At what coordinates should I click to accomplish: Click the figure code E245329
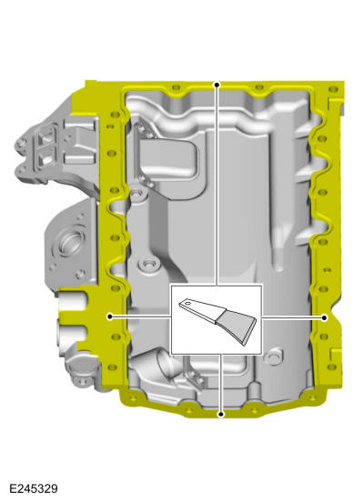point(30,489)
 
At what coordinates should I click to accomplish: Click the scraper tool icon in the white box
point(217,318)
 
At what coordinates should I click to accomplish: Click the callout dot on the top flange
point(217,84)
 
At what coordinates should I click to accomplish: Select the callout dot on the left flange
point(109,316)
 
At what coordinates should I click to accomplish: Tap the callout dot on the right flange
point(325,317)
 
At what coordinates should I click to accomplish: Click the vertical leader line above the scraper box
point(217,182)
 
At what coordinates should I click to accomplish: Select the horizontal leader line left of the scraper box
point(141,316)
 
